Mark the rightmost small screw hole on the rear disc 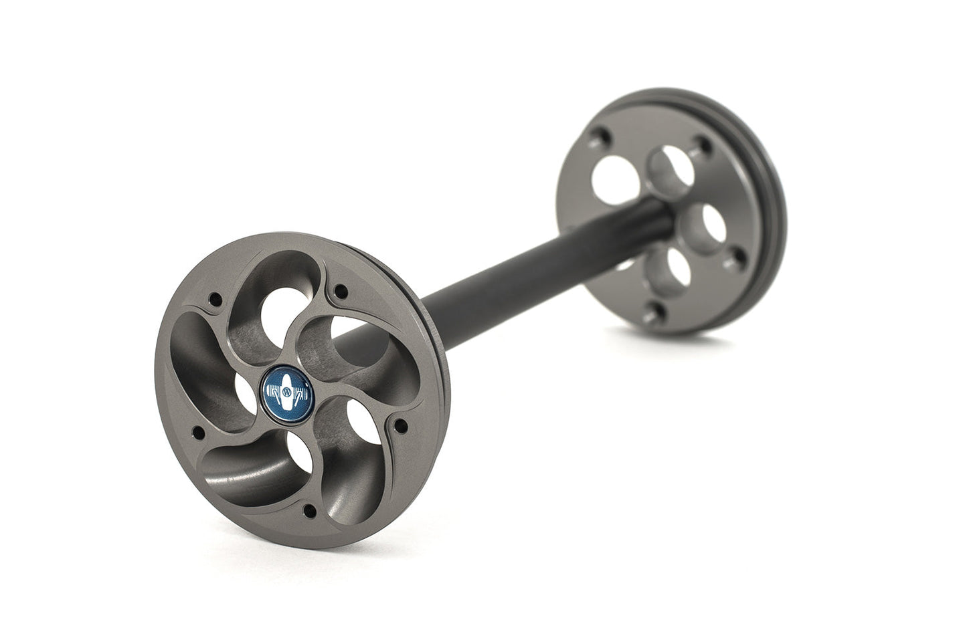pyautogui.click(x=738, y=255)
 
